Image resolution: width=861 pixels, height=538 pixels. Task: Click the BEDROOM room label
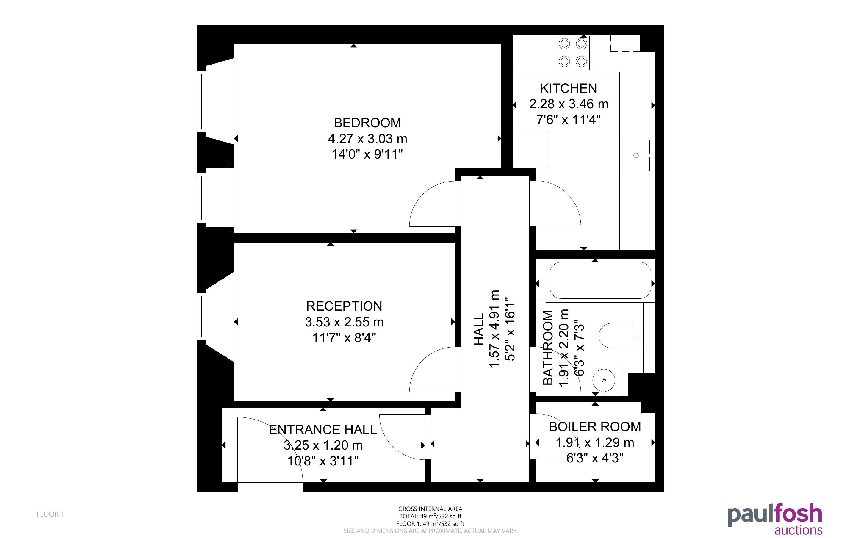tap(367, 123)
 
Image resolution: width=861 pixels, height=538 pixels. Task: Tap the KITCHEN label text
tap(568, 88)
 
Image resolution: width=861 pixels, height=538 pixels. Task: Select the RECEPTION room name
tap(344, 306)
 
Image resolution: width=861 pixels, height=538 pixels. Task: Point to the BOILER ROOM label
tap(595, 427)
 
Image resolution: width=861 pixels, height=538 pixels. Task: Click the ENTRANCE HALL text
tap(323, 429)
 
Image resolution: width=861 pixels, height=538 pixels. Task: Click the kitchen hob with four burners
tap(573, 53)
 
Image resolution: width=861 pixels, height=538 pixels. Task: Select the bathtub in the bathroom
tap(600, 280)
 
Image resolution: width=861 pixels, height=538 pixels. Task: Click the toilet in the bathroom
tap(621, 336)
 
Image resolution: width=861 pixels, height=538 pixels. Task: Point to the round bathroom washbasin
tap(604, 380)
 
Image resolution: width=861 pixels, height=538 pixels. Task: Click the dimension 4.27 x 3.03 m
tap(367, 138)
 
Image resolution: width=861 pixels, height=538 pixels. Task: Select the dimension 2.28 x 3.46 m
tap(569, 104)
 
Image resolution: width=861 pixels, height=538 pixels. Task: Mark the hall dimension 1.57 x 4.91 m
tap(495, 329)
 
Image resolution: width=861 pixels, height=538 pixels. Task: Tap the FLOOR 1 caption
tap(51, 514)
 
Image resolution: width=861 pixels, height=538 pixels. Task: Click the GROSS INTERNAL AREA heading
tap(430, 509)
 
